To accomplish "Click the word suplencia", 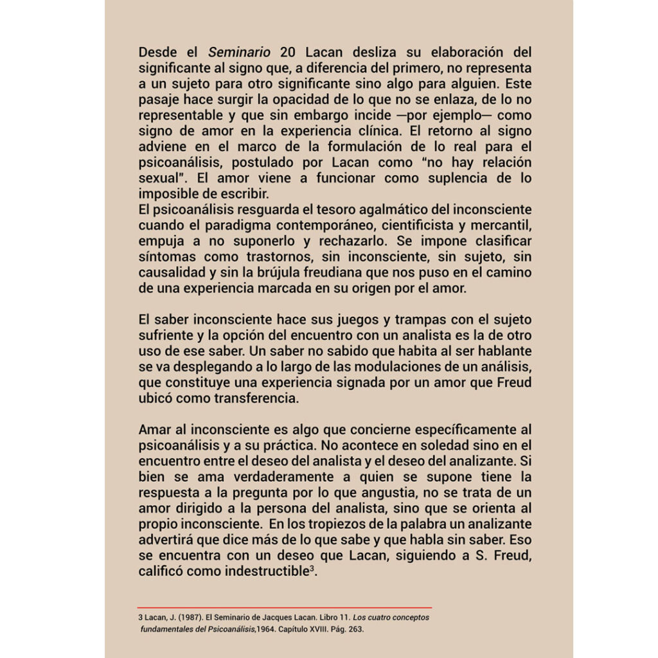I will pyautogui.click(x=460, y=178).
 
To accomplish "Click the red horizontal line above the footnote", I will pyautogui.click(x=284, y=607).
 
